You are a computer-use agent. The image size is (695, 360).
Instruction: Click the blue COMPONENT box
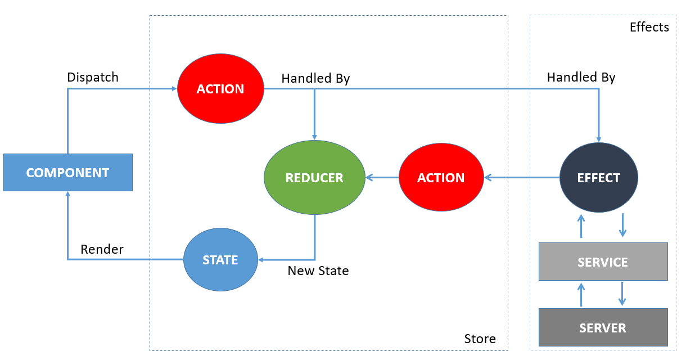coord(67,172)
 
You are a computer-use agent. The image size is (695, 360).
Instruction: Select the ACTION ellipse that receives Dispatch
coord(220,89)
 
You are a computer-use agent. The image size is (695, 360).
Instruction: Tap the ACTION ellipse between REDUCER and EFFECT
coord(441,178)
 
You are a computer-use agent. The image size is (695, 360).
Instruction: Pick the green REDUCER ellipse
coord(314,178)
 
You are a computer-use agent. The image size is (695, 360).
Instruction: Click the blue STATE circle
coord(220,260)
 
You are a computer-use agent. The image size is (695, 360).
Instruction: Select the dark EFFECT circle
coord(599,178)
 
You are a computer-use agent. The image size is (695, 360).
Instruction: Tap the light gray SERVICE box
coord(603,262)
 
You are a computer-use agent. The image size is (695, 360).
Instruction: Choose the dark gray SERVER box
coord(603,327)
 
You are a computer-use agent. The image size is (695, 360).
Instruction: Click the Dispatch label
coord(93,77)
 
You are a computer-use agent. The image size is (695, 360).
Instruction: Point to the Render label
coord(102,249)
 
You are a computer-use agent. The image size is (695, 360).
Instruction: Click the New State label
coord(318,271)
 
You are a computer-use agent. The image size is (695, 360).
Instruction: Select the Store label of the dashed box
coord(480,339)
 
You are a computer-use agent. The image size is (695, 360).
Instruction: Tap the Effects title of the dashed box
coord(649,27)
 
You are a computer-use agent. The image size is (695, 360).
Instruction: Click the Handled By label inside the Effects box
coord(581,77)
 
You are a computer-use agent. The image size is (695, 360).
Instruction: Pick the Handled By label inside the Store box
coord(315,78)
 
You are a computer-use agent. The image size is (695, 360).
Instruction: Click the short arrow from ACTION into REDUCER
coord(382,178)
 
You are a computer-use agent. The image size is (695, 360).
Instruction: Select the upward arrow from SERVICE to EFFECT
coord(581,226)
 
